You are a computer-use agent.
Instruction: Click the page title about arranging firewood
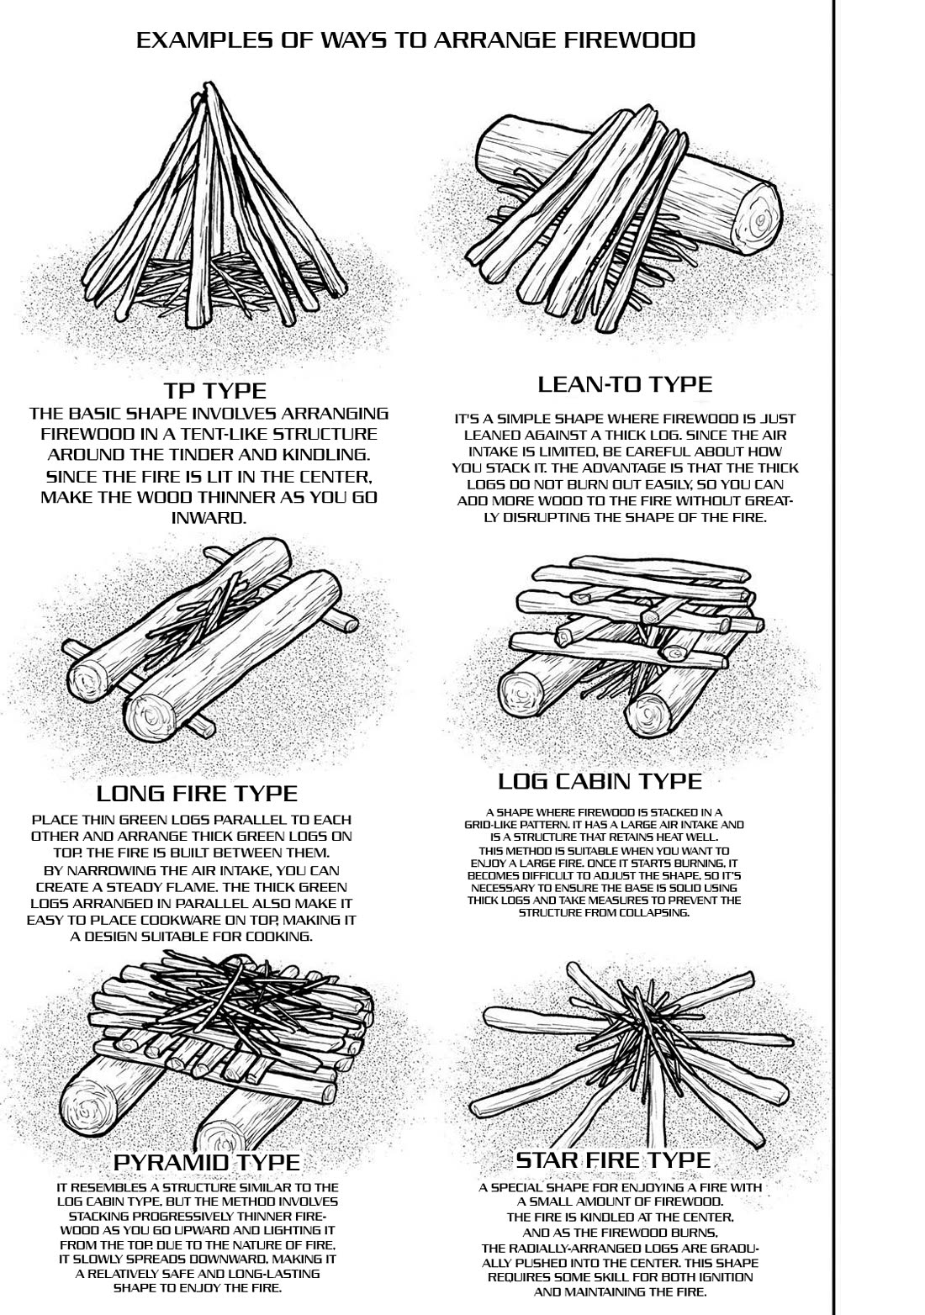pyautogui.click(x=415, y=40)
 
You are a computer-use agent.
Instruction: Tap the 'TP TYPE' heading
pyautogui.click(x=214, y=390)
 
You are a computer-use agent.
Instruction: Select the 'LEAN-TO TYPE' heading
pyautogui.click(x=624, y=384)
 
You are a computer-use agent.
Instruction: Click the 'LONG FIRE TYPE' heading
pyautogui.click(x=197, y=793)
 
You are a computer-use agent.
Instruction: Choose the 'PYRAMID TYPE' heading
pyautogui.click(x=206, y=1161)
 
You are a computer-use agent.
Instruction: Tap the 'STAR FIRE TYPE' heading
pyautogui.click(x=613, y=1160)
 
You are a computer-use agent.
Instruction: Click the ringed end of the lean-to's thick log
pyautogui.click(x=760, y=219)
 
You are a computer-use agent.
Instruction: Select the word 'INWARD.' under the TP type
pyautogui.click(x=209, y=517)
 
